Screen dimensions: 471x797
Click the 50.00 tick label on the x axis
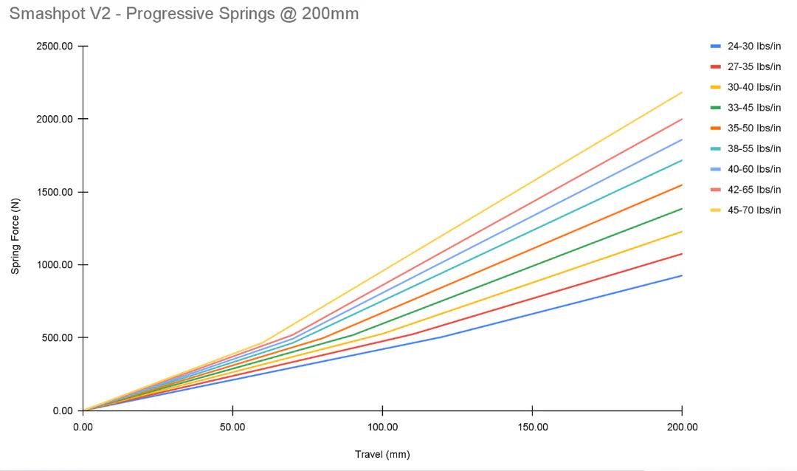[x=232, y=427]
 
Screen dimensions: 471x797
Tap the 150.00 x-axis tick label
[x=532, y=427]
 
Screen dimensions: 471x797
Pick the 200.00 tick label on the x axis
[x=681, y=427]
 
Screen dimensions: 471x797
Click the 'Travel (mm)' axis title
[x=382, y=454]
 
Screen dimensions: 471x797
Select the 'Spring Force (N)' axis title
[x=15, y=228]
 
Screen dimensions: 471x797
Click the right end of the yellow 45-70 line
[x=681, y=92]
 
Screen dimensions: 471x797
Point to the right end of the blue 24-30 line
[x=681, y=275]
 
